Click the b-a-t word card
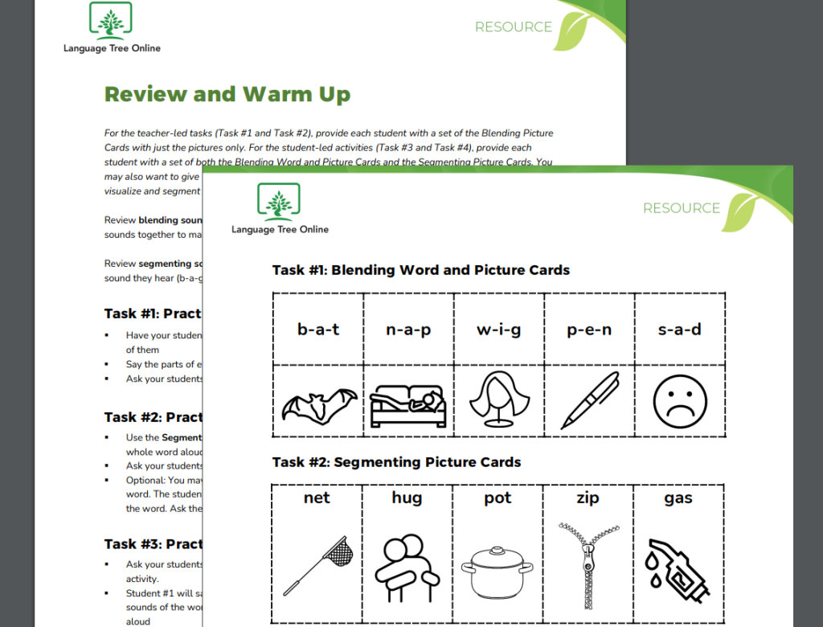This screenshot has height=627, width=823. point(318,330)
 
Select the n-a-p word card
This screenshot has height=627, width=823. point(408,330)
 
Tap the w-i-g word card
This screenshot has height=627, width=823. point(498,330)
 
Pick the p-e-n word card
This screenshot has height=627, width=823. point(589,330)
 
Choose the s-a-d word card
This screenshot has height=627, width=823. point(679,330)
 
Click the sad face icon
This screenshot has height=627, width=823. point(679,400)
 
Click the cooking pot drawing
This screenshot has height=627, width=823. point(497,571)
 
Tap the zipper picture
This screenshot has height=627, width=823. point(588,563)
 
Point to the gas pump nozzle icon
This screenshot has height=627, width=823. point(678,567)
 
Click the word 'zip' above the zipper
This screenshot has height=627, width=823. point(588,498)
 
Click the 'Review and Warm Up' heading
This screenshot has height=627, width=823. point(227,94)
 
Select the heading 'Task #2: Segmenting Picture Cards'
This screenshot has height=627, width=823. point(396,462)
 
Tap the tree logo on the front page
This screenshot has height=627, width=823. point(278,201)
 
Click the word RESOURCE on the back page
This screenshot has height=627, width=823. point(513,27)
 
